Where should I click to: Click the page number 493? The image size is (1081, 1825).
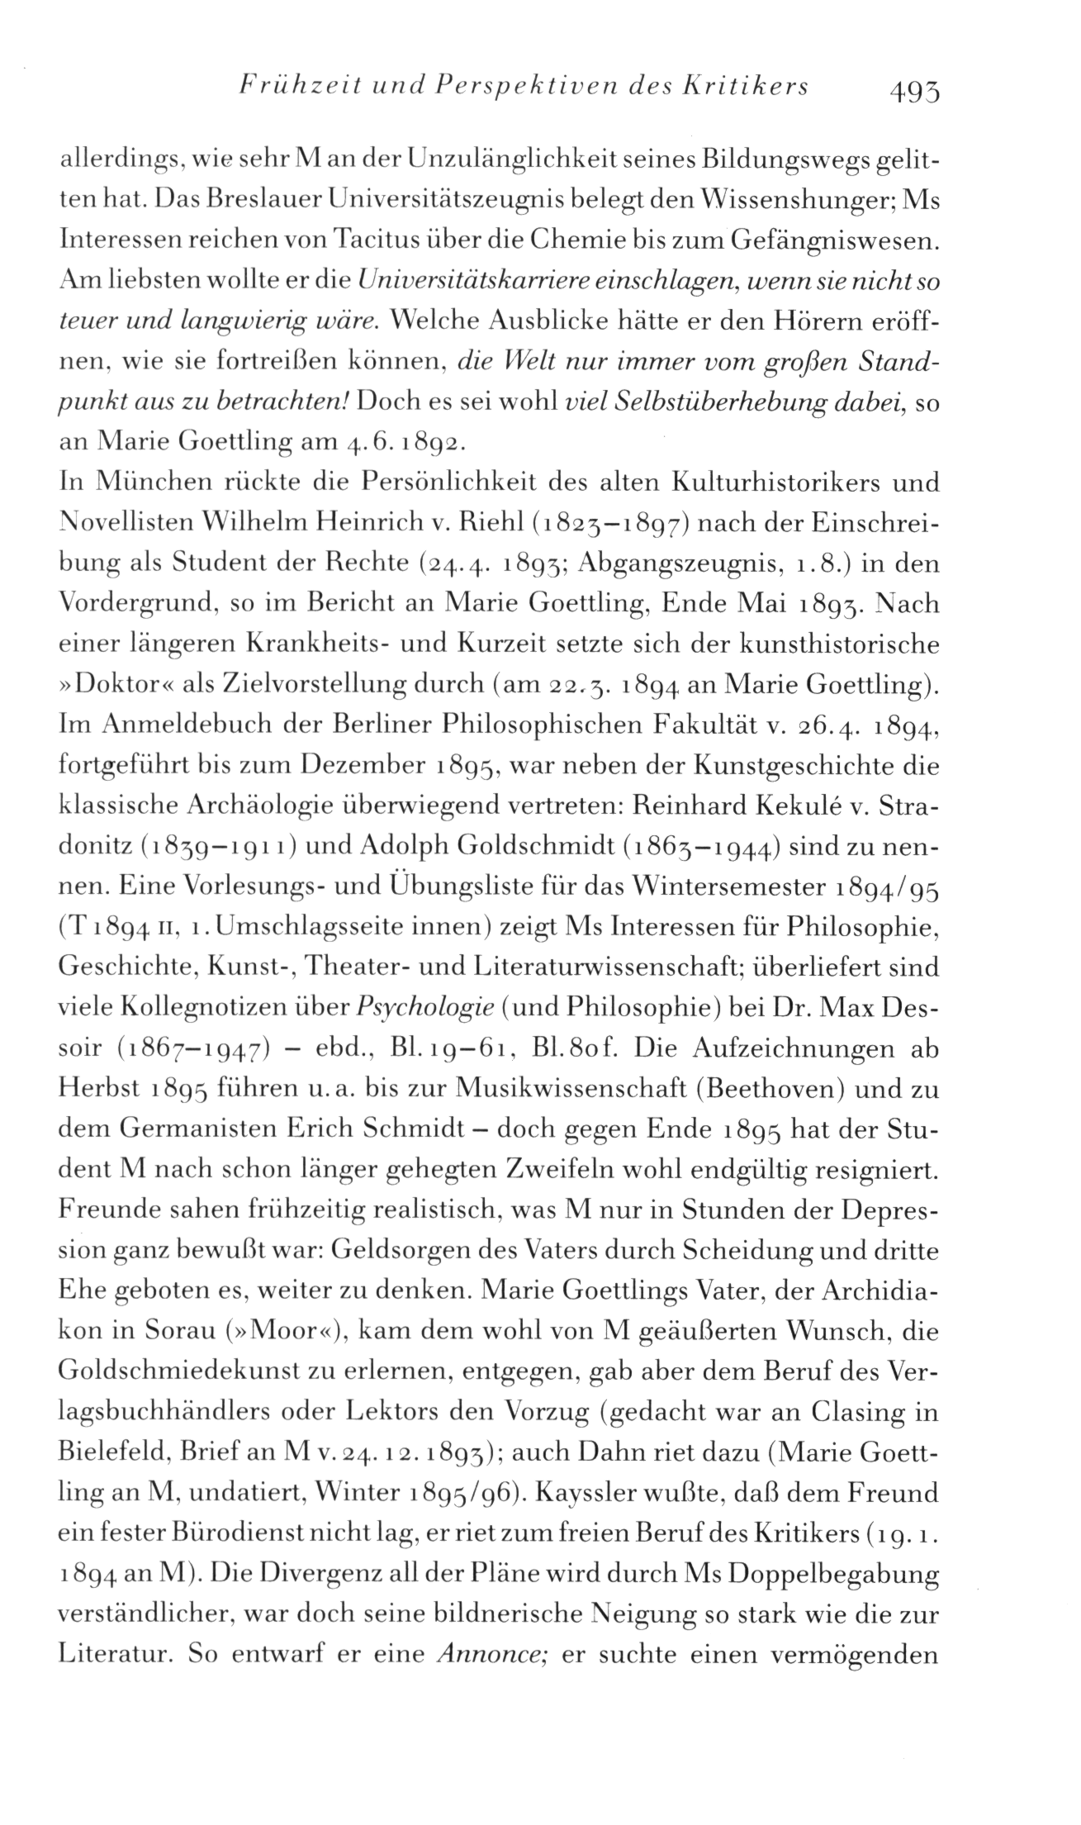coord(914,88)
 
